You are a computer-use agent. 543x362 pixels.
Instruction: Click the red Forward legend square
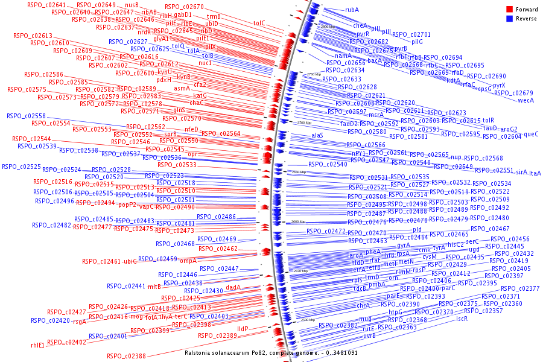[x=509, y=10]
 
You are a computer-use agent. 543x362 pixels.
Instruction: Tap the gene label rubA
[x=352, y=10]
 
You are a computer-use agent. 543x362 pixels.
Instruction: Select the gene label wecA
[x=526, y=100]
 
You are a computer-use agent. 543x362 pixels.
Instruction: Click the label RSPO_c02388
[x=126, y=356]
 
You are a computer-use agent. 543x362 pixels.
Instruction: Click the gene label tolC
[x=259, y=23]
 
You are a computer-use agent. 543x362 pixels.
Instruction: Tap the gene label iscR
[x=462, y=319]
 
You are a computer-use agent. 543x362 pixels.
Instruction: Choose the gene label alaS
[x=317, y=136]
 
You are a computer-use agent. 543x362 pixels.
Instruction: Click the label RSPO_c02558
[x=26, y=116]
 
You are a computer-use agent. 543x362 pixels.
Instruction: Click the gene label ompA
[x=188, y=261]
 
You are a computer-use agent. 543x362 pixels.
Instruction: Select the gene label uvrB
[x=369, y=335]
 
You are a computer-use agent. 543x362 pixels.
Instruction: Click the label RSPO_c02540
[x=328, y=164]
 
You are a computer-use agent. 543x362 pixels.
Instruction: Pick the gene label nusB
[x=132, y=5]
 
